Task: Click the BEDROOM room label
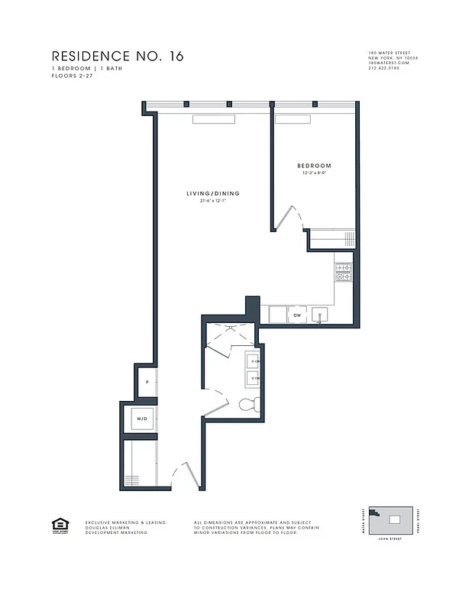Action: [314, 166]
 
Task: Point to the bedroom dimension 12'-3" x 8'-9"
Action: [314, 173]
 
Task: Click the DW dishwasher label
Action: [297, 315]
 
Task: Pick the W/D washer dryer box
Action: [141, 419]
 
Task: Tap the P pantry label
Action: [146, 384]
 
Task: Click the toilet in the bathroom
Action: [250, 405]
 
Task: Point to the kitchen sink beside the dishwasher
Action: [322, 314]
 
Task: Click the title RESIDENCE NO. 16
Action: [117, 56]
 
